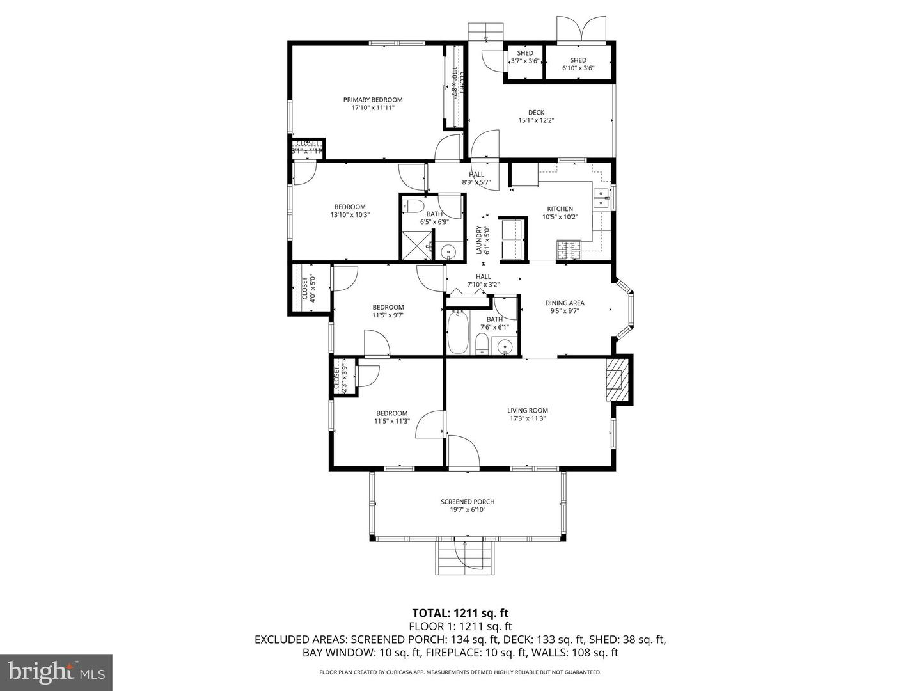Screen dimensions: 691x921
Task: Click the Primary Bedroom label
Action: pos(373,100)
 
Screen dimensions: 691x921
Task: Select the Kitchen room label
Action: pos(560,209)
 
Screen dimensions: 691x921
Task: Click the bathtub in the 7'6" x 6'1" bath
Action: pos(458,332)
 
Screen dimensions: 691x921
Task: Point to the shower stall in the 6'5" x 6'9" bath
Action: pos(415,245)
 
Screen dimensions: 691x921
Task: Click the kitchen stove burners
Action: pos(568,250)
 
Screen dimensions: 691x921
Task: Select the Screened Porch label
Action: pos(468,502)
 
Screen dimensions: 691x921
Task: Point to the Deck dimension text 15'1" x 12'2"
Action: pos(536,120)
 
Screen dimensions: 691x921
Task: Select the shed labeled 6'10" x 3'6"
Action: pos(578,63)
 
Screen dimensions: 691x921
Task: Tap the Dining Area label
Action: pos(565,303)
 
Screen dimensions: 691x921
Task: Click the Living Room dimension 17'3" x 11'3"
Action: pos(528,419)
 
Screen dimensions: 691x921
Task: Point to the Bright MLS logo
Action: pos(56,672)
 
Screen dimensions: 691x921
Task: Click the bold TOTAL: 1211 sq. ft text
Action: pos(460,614)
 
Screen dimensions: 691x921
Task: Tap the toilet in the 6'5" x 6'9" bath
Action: pos(414,206)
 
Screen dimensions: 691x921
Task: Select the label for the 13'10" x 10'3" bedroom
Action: pos(350,207)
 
